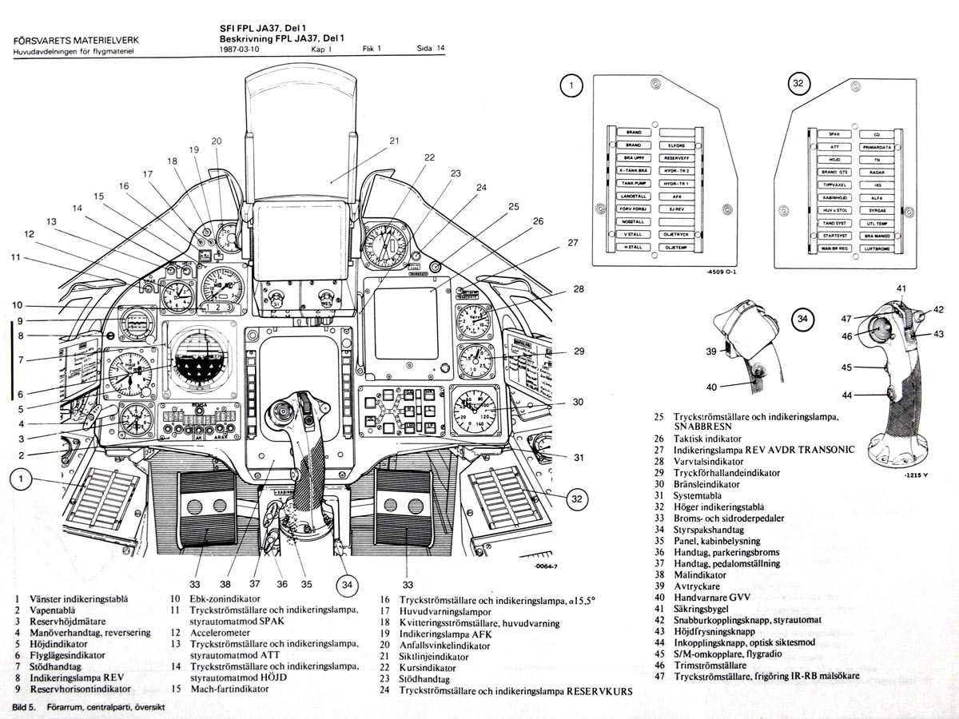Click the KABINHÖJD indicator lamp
pos(834,197)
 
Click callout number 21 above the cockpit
pos(394,141)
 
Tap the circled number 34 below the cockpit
pos(347,585)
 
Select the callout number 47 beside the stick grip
pos(846,319)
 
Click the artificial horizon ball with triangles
pos(201,363)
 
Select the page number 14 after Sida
pos(440,49)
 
